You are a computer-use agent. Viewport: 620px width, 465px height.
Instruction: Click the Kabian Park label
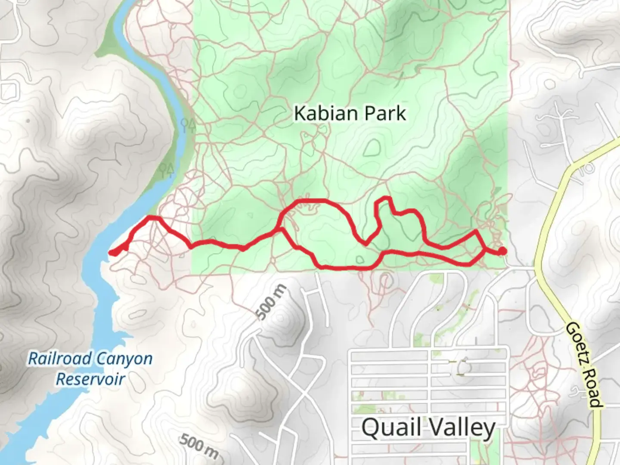(x=350, y=114)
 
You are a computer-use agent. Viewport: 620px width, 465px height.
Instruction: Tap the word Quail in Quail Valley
(x=391, y=428)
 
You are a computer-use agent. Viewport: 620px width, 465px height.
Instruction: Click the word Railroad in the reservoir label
(x=60, y=359)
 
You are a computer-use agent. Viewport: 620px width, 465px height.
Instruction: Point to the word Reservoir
(x=90, y=379)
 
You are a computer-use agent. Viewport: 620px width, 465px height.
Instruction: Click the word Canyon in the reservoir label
(x=124, y=359)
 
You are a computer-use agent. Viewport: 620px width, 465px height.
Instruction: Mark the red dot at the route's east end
(x=502, y=251)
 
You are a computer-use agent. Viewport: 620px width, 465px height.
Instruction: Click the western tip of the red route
(x=112, y=253)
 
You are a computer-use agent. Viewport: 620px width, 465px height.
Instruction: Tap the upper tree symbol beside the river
(x=189, y=125)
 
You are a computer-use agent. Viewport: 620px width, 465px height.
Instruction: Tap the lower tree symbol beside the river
(x=166, y=170)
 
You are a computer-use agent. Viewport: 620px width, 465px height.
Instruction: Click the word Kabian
(x=325, y=114)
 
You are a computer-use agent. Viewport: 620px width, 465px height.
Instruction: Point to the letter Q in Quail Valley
(x=370, y=428)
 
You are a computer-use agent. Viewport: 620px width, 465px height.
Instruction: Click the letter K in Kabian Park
(x=300, y=114)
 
